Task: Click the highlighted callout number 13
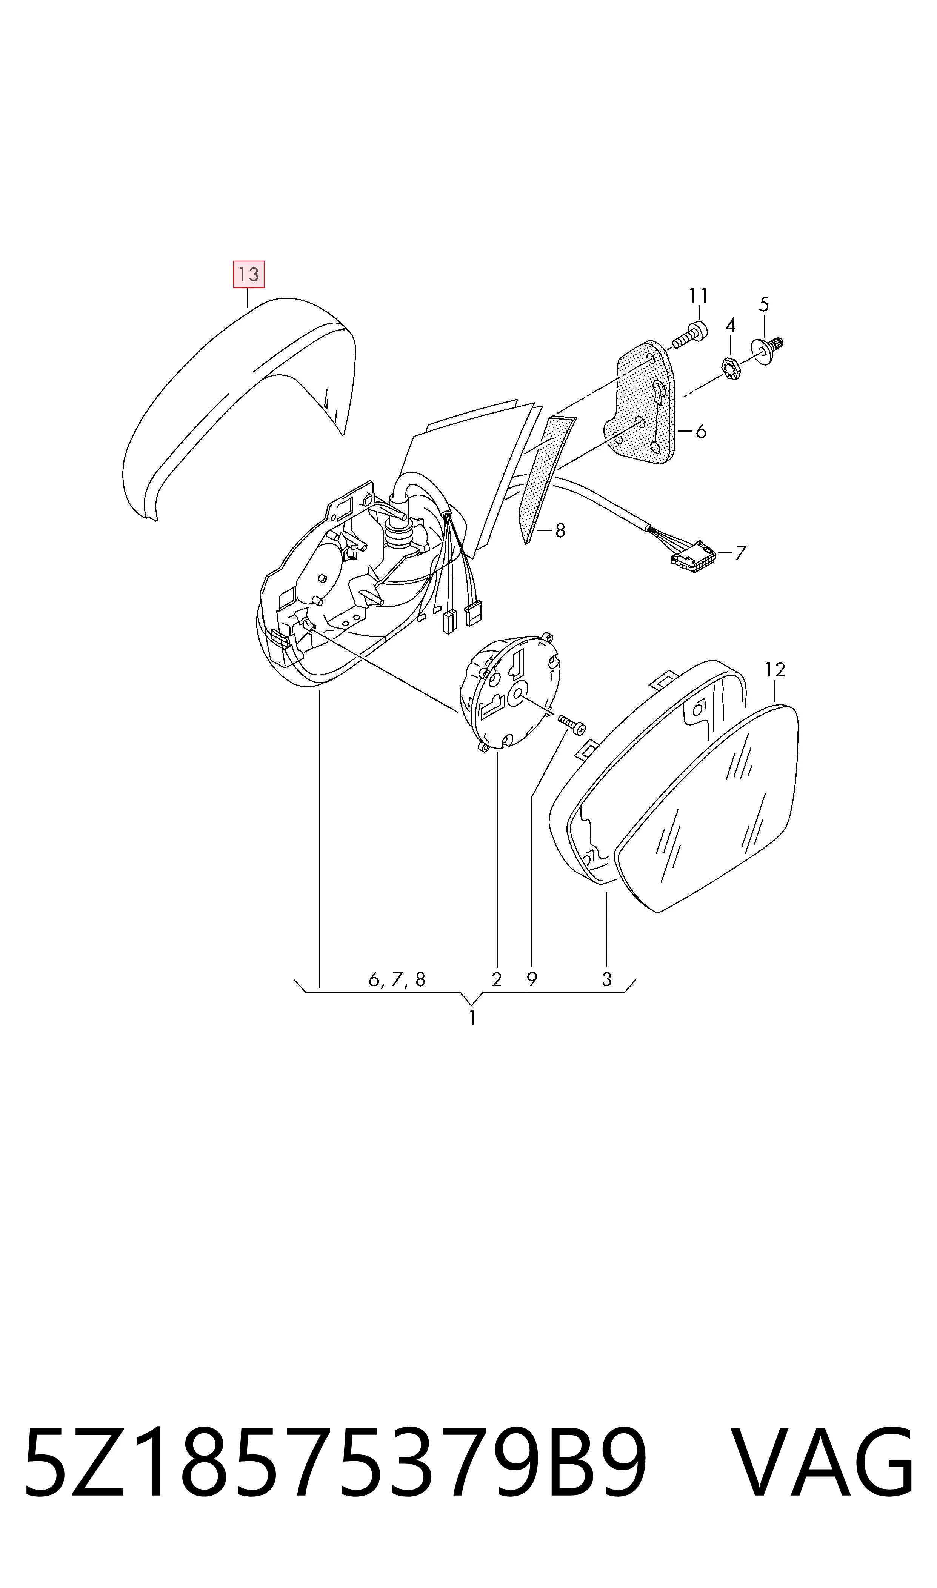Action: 249,275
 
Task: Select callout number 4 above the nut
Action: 731,325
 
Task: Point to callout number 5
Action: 764,305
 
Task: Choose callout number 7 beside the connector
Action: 741,553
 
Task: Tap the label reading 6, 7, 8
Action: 397,979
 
